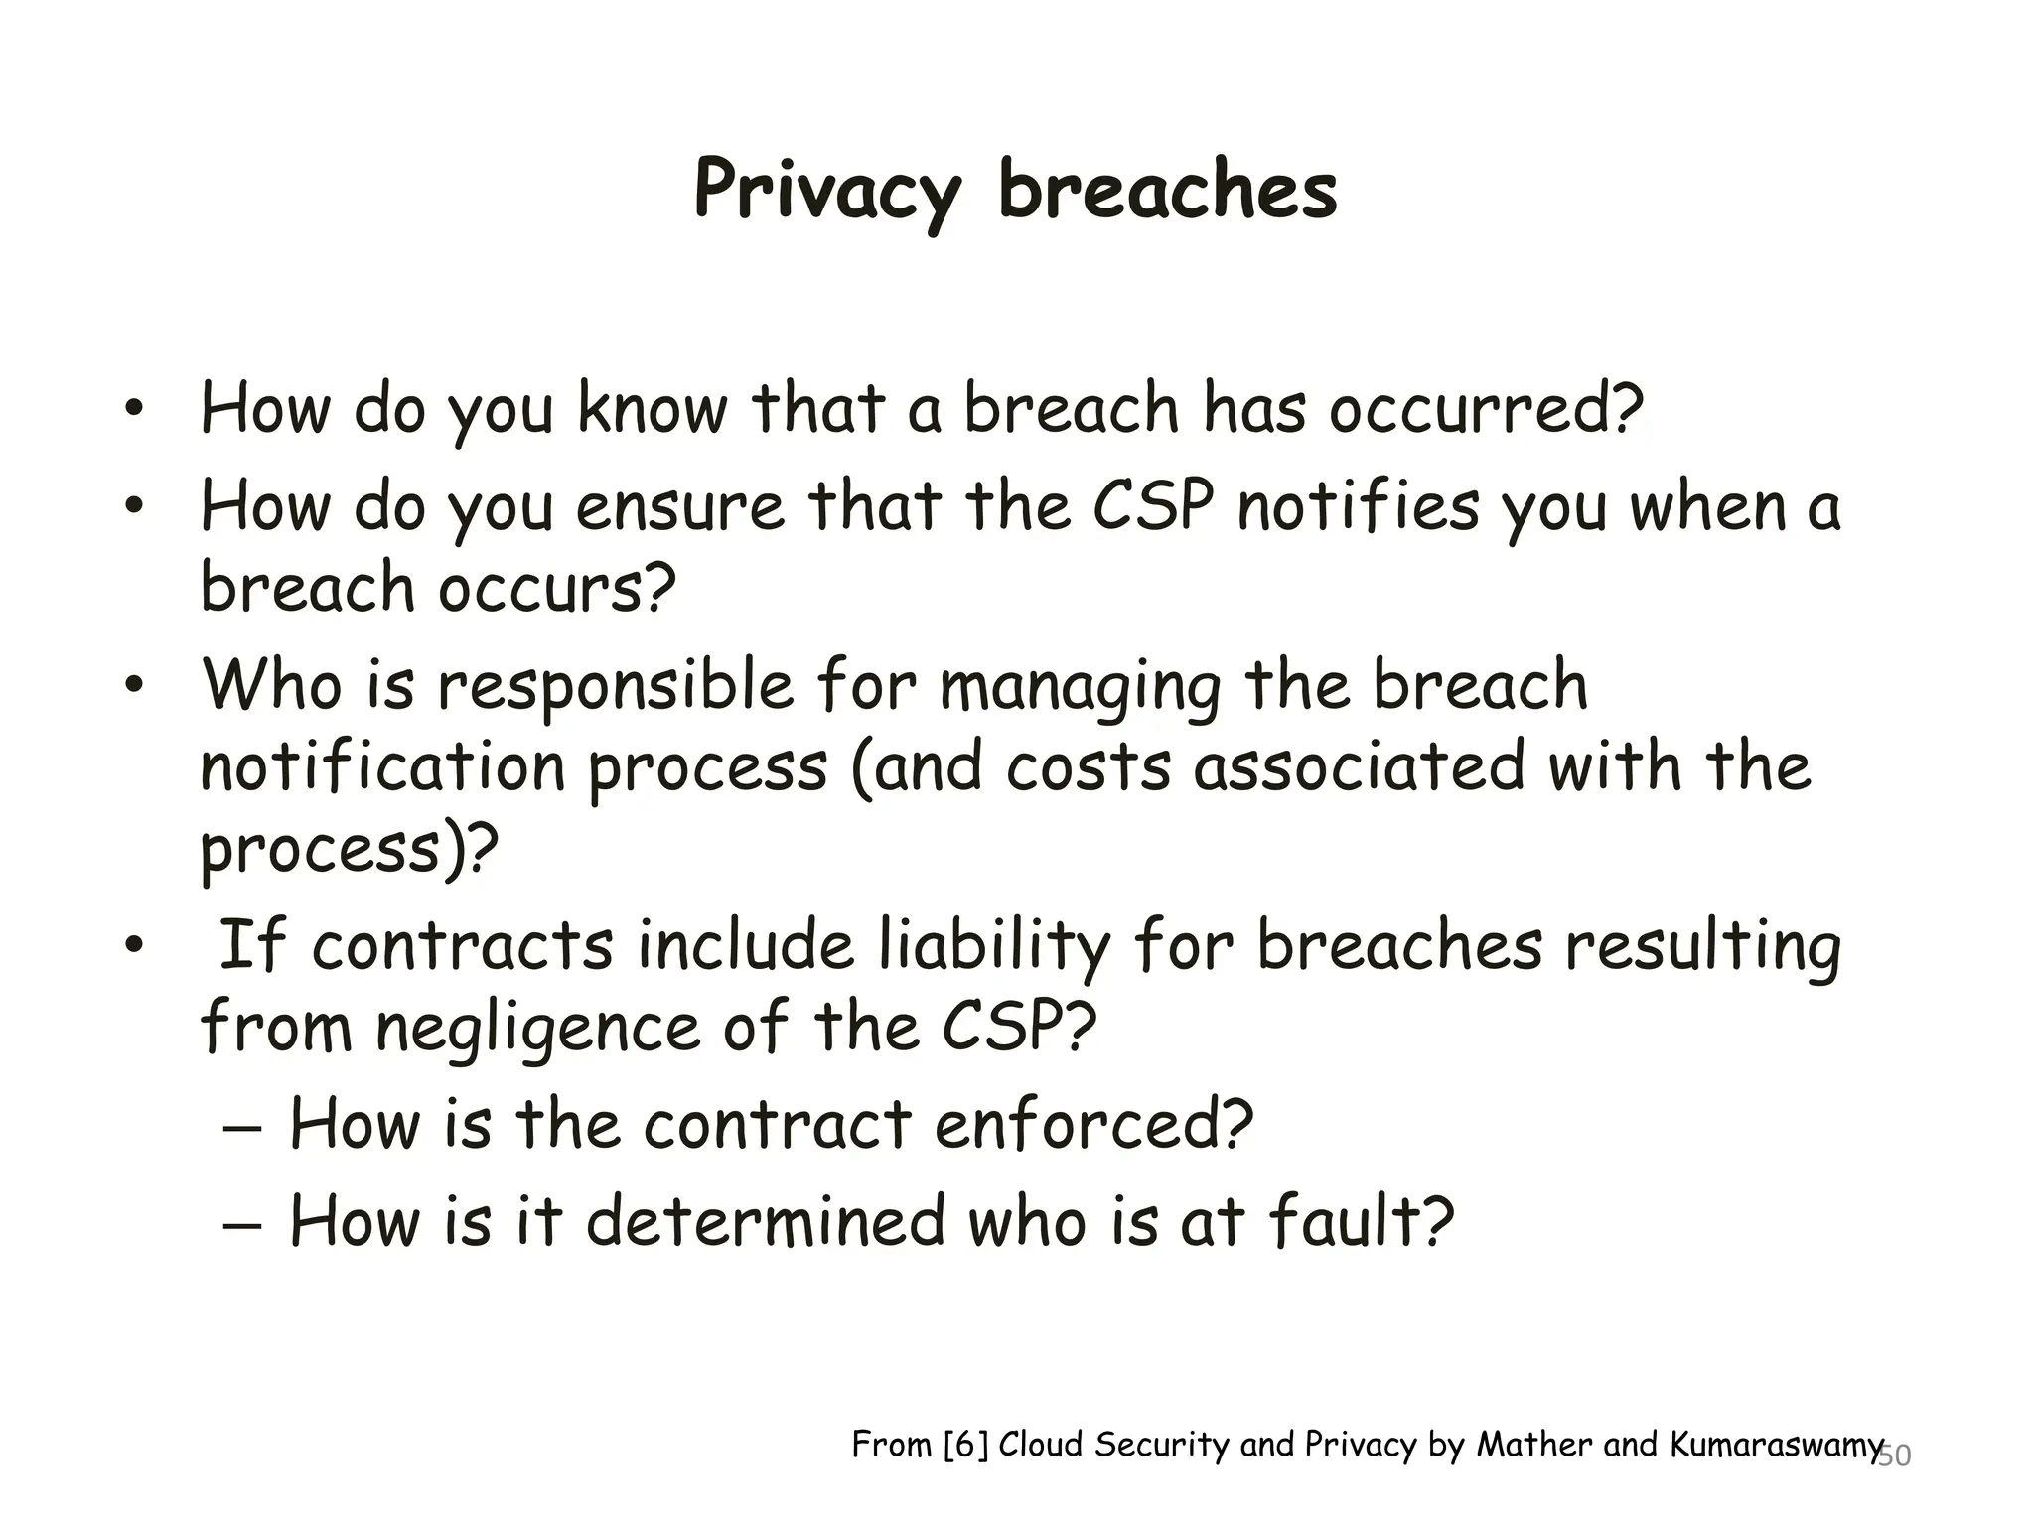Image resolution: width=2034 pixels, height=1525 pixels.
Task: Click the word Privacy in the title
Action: (827, 191)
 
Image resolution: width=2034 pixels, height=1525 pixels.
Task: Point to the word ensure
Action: (680, 506)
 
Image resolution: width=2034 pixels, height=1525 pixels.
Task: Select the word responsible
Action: (616, 687)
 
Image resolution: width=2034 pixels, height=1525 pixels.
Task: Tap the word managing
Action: (1080, 687)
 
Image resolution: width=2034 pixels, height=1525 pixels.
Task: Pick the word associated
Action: (1358, 767)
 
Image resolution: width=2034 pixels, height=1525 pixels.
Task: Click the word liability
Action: (993, 945)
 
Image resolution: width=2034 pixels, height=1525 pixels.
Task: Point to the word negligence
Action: (537, 1028)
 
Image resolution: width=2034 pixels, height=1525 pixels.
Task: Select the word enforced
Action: (1092, 1124)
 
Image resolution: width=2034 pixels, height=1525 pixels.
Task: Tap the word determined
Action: (765, 1221)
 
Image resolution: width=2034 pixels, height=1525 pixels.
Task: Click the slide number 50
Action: (1895, 1456)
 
